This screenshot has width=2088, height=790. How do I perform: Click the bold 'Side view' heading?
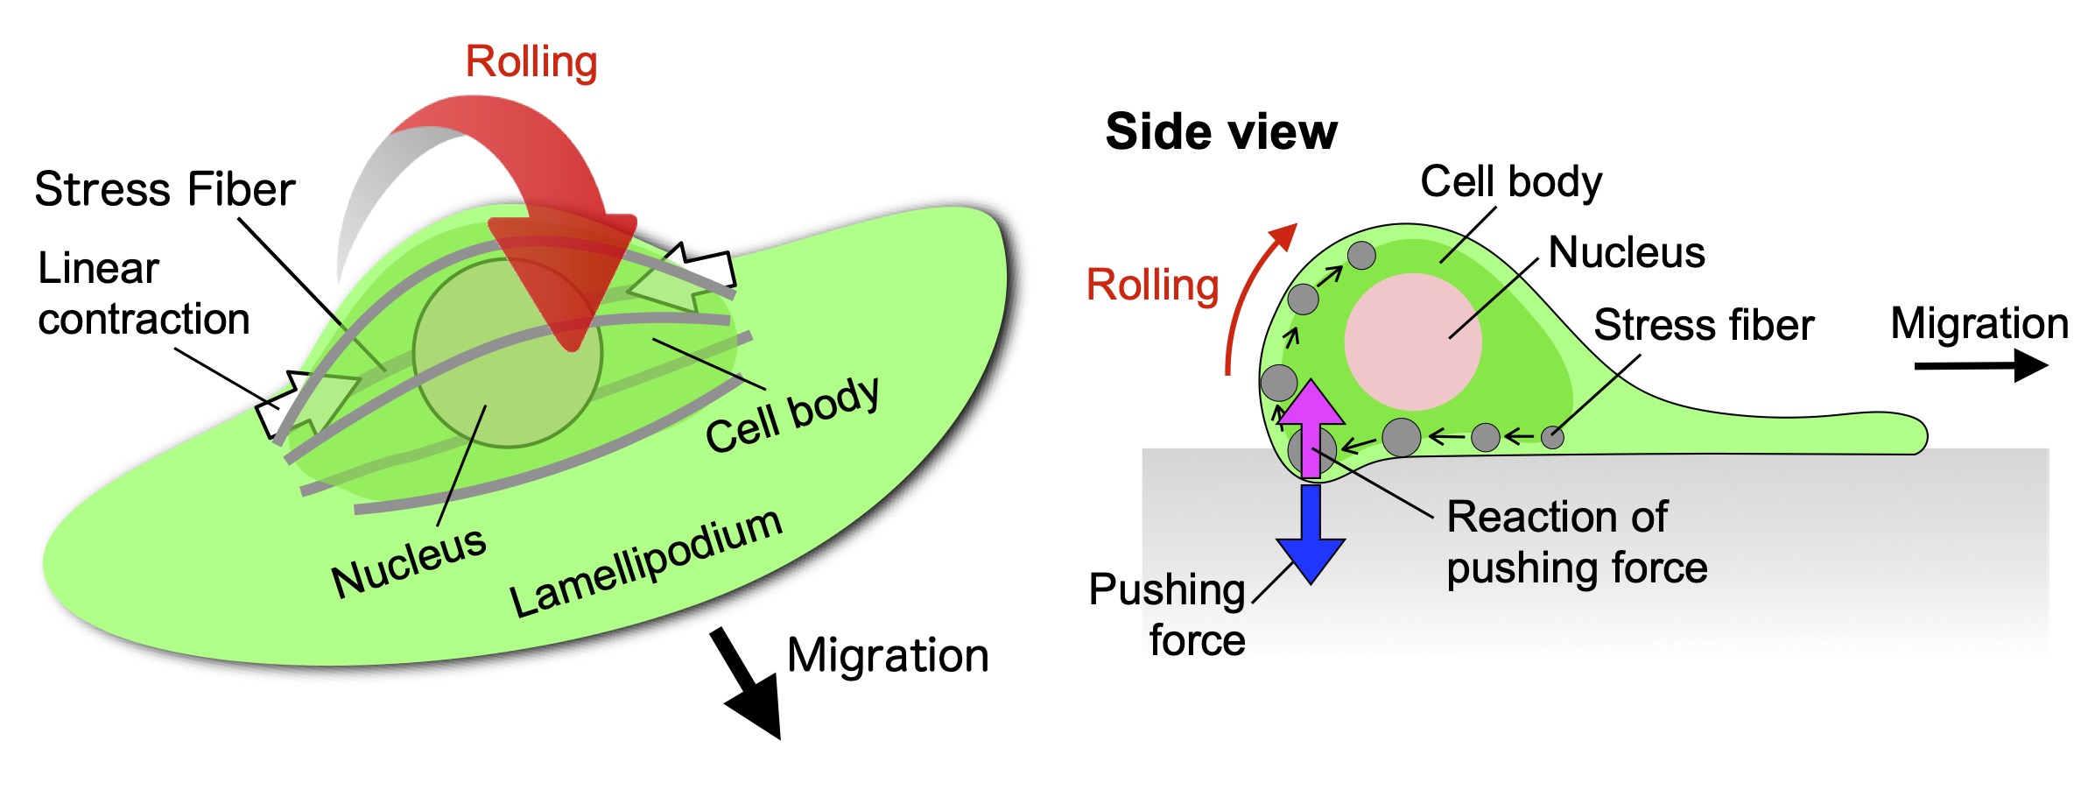coord(1221,132)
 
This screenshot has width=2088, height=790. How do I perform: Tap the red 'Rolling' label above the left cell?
coord(531,63)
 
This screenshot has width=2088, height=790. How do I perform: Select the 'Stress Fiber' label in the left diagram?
coord(165,190)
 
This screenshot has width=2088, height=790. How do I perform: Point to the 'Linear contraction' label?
coord(144,294)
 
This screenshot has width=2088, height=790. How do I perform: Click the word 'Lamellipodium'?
coord(645,563)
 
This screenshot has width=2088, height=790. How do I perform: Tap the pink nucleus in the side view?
coord(1412,342)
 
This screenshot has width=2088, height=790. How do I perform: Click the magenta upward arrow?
coord(1311,425)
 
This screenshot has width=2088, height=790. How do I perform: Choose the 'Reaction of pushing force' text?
coord(1576,542)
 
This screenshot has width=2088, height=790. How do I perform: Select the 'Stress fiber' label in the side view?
coord(1704,325)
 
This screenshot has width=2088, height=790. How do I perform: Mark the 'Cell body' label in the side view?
coord(1511,182)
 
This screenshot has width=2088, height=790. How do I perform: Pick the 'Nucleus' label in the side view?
coord(1627,253)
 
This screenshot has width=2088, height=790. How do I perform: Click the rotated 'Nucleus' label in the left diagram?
coord(409,563)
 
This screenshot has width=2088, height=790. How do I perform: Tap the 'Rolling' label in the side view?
coord(1152,286)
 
